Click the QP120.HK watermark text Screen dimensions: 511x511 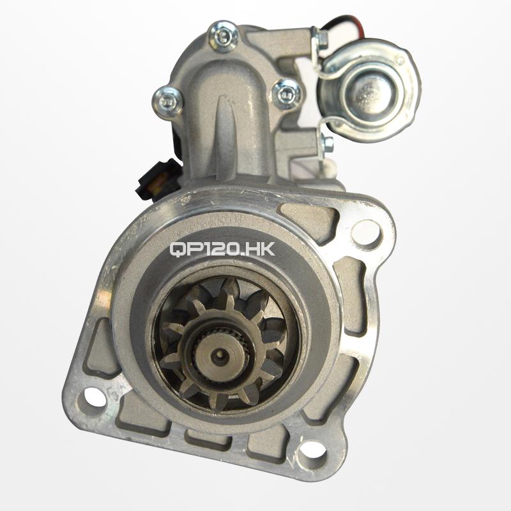click(222, 249)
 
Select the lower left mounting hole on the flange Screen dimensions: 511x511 click(95, 397)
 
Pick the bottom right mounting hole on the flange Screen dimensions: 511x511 click(312, 452)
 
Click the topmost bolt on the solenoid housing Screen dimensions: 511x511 click(223, 36)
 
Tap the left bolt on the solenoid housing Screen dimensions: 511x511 click(168, 101)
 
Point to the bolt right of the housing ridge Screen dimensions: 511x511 click(286, 94)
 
